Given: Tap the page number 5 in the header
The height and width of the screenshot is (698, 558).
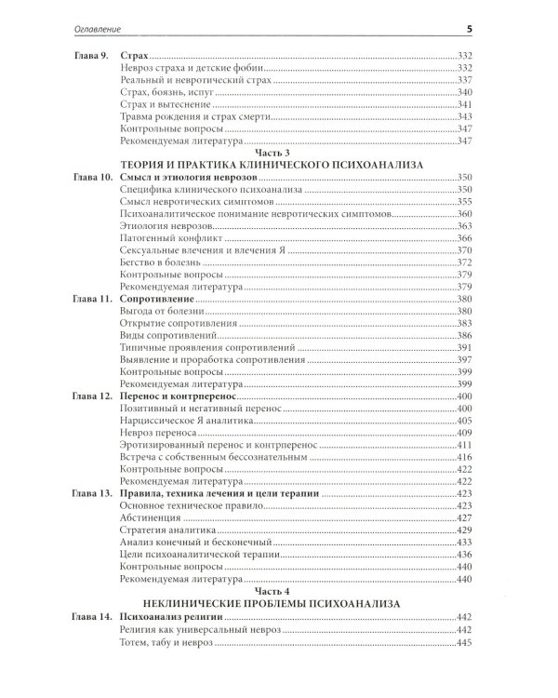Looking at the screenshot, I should [471, 30].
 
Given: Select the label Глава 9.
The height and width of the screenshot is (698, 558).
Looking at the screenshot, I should [91, 57].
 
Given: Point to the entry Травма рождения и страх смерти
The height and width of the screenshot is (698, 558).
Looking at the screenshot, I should [188, 117].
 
